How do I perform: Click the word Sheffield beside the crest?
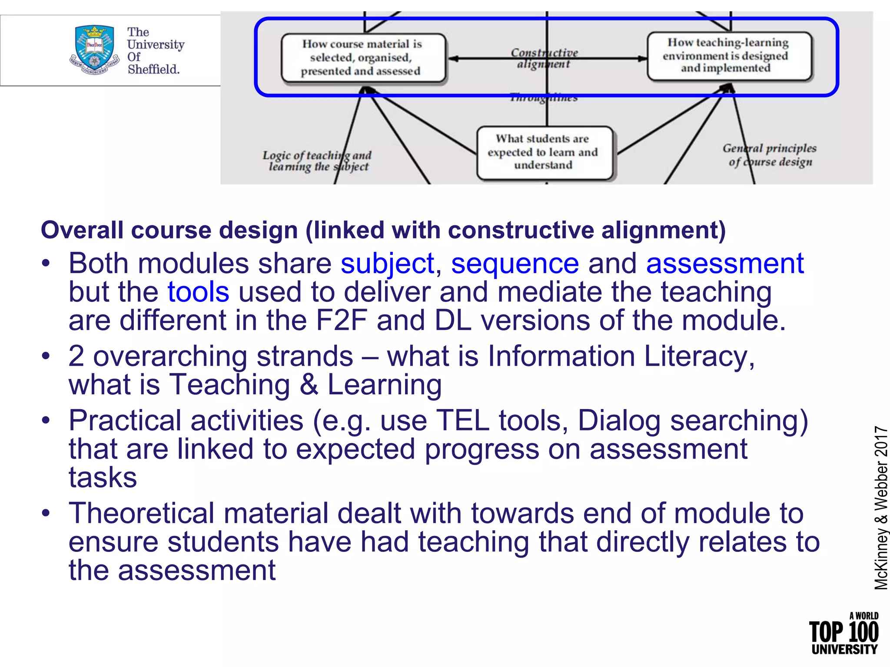(x=153, y=69)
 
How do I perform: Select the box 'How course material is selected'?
(x=363, y=57)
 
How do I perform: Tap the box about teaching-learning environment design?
(x=728, y=56)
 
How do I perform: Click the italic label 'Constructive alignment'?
(x=544, y=58)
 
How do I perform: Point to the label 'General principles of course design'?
(x=769, y=155)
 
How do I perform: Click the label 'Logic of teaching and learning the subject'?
(x=317, y=161)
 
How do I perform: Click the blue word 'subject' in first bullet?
(x=387, y=264)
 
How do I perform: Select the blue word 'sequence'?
(x=515, y=264)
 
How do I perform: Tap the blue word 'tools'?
(x=198, y=292)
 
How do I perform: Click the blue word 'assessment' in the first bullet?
(x=724, y=264)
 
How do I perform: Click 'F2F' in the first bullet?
(x=342, y=320)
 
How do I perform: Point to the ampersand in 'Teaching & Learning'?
(x=309, y=385)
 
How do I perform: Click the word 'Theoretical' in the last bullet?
(x=141, y=513)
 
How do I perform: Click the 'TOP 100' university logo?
(x=843, y=633)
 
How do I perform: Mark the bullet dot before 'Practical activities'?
(x=46, y=420)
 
